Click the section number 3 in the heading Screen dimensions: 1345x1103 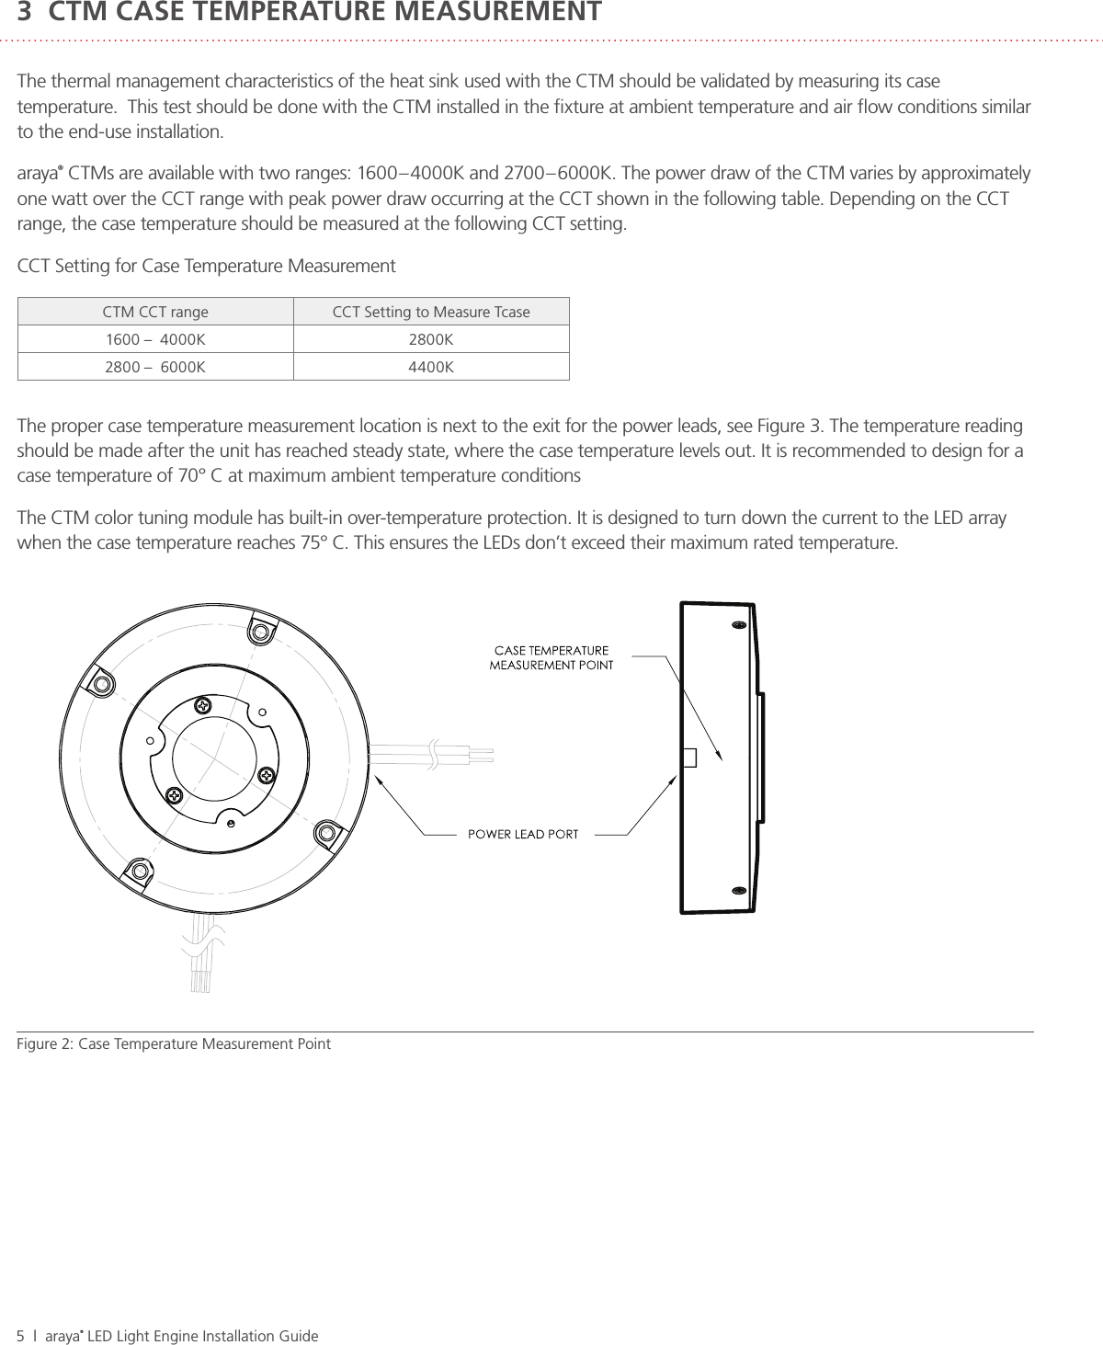pyautogui.click(x=25, y=13)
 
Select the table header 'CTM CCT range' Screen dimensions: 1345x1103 pyautogui.click(x=155, y=312)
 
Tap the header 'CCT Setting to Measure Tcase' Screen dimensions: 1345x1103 pyautogui.click(x=431, y=312)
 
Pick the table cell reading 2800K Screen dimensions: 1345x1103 pyautogui.click(x=431, y=339)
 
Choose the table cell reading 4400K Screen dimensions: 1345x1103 pyautogui.click(x=431, y=367)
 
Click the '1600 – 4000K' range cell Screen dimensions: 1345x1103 pyautogui.click(x=155, y=339)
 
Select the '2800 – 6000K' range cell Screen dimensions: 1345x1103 pyautogui.click(x=155, y=367)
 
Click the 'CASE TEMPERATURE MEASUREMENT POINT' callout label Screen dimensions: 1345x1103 pyautogui.click(x=551, y=658)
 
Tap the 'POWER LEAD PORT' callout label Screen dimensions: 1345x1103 pyautogui.click(x=523, y=834)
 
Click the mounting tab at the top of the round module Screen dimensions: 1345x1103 pyautogui.click(x=260, y=632)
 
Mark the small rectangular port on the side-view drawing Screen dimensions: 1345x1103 pyautogui.click(x=688, y=757)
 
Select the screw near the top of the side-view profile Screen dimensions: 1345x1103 pyautogui.click(x=737, y=625)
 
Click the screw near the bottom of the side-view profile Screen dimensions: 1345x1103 pyautogui.click(x=737, y=891)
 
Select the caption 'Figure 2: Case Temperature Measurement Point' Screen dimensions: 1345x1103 pyautogui.click(x=174, y=1043)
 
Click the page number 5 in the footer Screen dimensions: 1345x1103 pyautogui.click(x=21, y=1336)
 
